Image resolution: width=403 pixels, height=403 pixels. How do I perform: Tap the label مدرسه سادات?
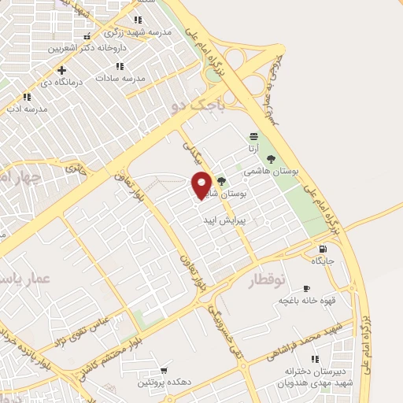pos(120,79)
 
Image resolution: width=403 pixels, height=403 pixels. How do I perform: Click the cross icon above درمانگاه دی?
pos(62,70)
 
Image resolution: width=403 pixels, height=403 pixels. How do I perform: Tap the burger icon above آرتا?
pos(253,135)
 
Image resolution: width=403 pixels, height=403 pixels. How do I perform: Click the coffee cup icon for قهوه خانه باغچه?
pos(306,287)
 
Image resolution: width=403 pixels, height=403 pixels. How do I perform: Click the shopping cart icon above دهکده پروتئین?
pos(164,370)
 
